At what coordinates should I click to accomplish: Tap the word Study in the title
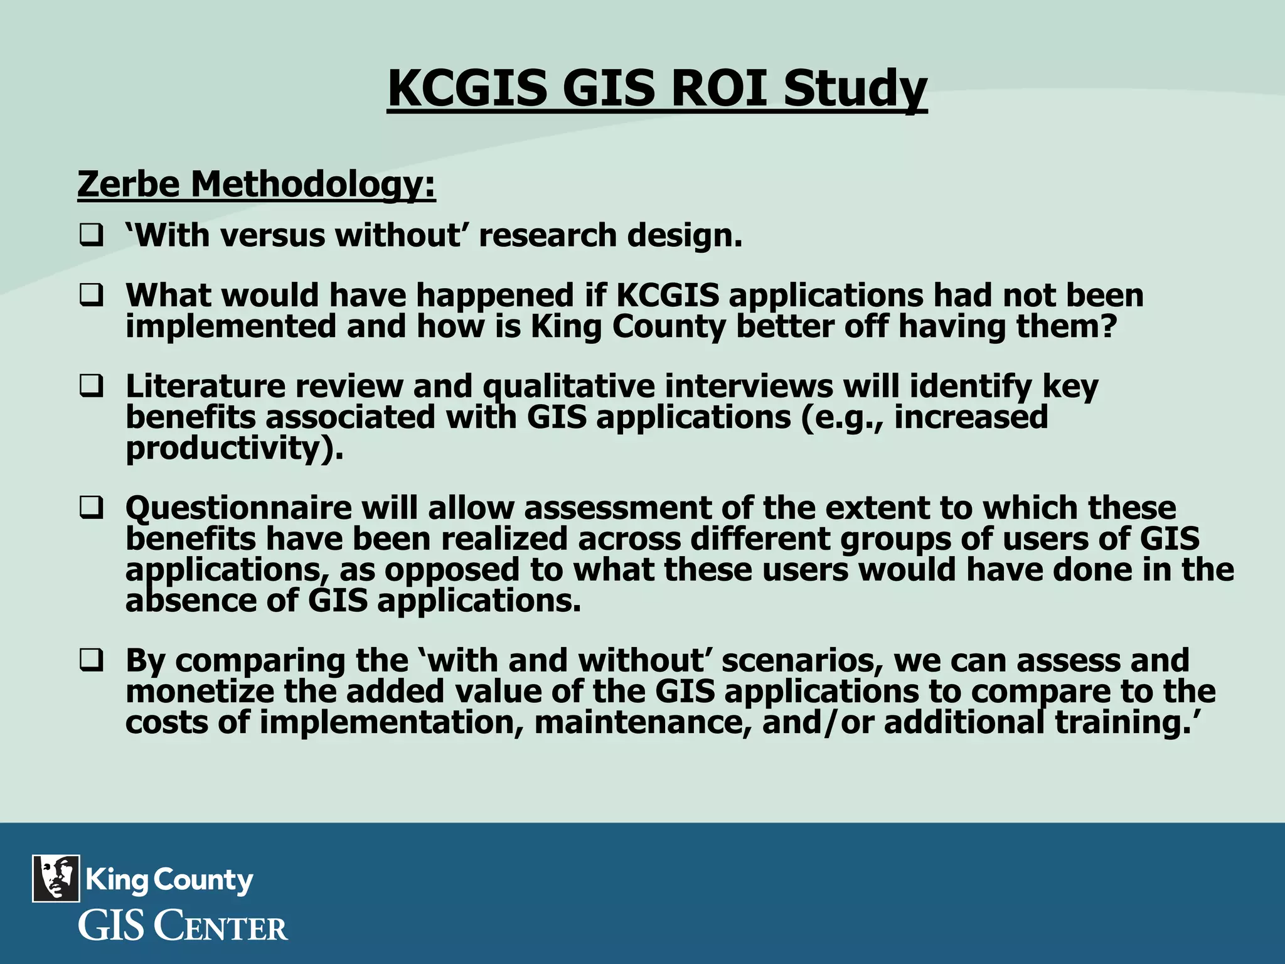855,89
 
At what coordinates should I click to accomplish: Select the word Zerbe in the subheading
129,185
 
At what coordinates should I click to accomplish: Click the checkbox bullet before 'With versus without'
91,236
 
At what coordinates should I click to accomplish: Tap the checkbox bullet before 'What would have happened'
91,296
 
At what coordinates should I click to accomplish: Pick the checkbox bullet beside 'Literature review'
91,386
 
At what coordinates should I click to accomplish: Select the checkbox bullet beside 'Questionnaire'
91,508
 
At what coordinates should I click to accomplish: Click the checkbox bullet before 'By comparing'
91,661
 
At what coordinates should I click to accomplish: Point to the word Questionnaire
238,508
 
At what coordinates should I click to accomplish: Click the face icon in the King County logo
56,878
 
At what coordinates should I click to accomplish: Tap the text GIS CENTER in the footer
183,927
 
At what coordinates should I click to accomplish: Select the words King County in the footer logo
169,880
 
